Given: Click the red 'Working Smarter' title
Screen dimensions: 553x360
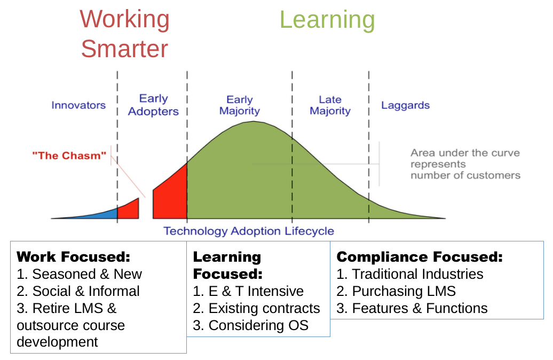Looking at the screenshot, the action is tap(125, 34).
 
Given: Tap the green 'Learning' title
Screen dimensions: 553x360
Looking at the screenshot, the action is tap(327, 20).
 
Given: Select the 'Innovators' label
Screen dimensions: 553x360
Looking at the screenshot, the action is tap(78, 105).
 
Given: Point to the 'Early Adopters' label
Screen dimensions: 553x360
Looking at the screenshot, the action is tap(153, 105).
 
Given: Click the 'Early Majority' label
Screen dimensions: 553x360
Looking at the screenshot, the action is tap(240, 105).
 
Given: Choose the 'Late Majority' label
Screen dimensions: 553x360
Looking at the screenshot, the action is tap(330, 105).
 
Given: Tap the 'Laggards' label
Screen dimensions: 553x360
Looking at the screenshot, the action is tap(405, 106).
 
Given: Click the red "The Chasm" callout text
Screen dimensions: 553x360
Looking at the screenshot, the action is tap(69, 155).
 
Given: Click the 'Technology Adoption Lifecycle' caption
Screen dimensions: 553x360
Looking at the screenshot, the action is tap(249, 231).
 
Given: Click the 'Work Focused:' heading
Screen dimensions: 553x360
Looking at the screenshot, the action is tap(73, 256).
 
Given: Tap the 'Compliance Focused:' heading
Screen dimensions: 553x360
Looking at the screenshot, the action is tap(420, 256).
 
